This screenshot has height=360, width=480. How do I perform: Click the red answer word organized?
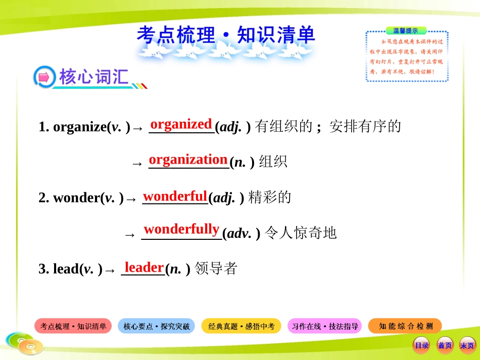[181, 124]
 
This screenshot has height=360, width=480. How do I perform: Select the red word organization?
[188, 160]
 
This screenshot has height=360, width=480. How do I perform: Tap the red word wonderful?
[175, 196]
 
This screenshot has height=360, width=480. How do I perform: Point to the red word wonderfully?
[181, 230]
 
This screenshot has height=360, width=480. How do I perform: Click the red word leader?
[144, 267]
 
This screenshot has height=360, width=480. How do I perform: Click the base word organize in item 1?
[78, 128]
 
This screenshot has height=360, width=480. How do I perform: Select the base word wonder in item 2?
[76, 198]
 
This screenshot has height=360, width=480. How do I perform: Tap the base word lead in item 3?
[65, 269]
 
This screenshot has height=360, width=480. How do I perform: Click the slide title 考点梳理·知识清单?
[225, 35]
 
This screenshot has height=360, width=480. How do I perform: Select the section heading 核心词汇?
[93, 77]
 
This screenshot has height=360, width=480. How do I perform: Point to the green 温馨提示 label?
[406, 31]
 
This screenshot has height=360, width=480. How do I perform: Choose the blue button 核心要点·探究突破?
[157, 327]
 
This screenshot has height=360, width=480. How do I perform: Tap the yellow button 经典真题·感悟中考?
[242, 327]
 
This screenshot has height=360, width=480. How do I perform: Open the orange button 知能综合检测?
[406, 327]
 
